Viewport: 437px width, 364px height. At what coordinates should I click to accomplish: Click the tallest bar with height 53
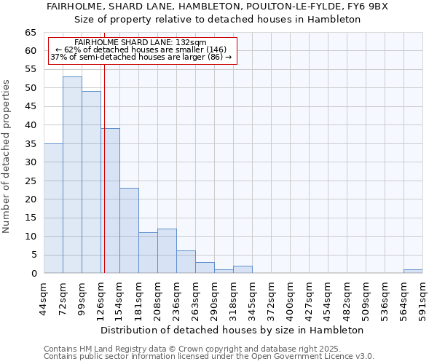(72, 175)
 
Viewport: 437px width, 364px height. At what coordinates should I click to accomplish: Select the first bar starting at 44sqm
(53, 208)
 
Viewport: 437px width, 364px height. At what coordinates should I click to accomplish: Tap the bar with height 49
(91, 182)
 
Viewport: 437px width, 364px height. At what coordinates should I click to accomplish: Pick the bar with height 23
(129, 230)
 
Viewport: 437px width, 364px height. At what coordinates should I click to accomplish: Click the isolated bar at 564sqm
(413, 272)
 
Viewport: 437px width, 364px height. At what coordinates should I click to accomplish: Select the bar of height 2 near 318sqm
(243, 269)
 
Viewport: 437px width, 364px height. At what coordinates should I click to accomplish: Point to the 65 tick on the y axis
(31, 33)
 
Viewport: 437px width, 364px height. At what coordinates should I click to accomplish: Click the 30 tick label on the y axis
(31, 162)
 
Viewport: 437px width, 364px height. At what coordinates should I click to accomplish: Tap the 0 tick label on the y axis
(34, 274)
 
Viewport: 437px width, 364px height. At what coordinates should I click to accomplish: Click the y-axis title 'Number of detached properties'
(7, 157)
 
